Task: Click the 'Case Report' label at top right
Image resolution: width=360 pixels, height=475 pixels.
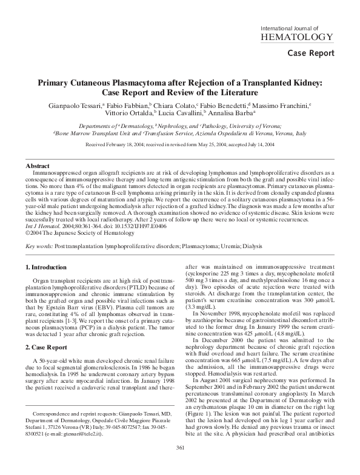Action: (x=311, y=53)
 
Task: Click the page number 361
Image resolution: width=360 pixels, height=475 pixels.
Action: (x=180, y=464)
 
